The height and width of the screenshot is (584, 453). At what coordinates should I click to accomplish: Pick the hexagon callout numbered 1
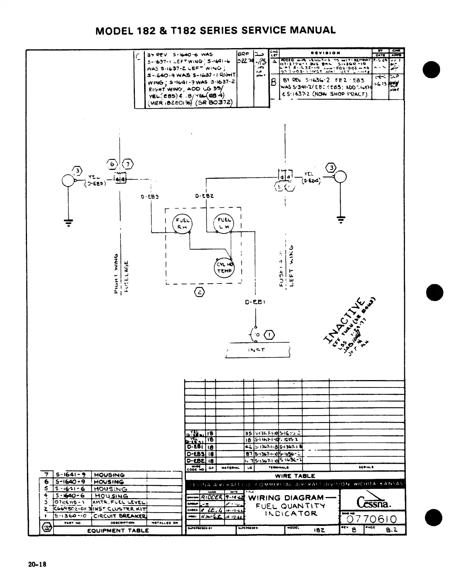click(x=270, y=335)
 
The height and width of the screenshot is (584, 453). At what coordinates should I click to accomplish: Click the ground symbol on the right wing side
click(x=68, y=221)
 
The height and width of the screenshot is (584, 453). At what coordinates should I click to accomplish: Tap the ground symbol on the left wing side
click(x=341, y=219)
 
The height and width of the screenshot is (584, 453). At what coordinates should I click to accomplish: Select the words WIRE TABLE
click(x=295, y=476)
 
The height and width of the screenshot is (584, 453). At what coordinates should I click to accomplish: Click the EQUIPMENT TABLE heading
click(x=118, y=530)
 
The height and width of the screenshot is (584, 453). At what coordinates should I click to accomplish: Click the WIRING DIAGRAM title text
click(x=286, y=498)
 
